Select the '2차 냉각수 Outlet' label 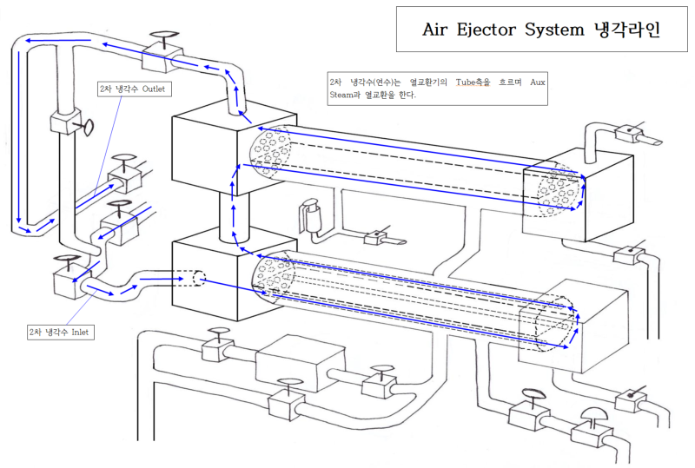131,89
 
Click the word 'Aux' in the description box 533,82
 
